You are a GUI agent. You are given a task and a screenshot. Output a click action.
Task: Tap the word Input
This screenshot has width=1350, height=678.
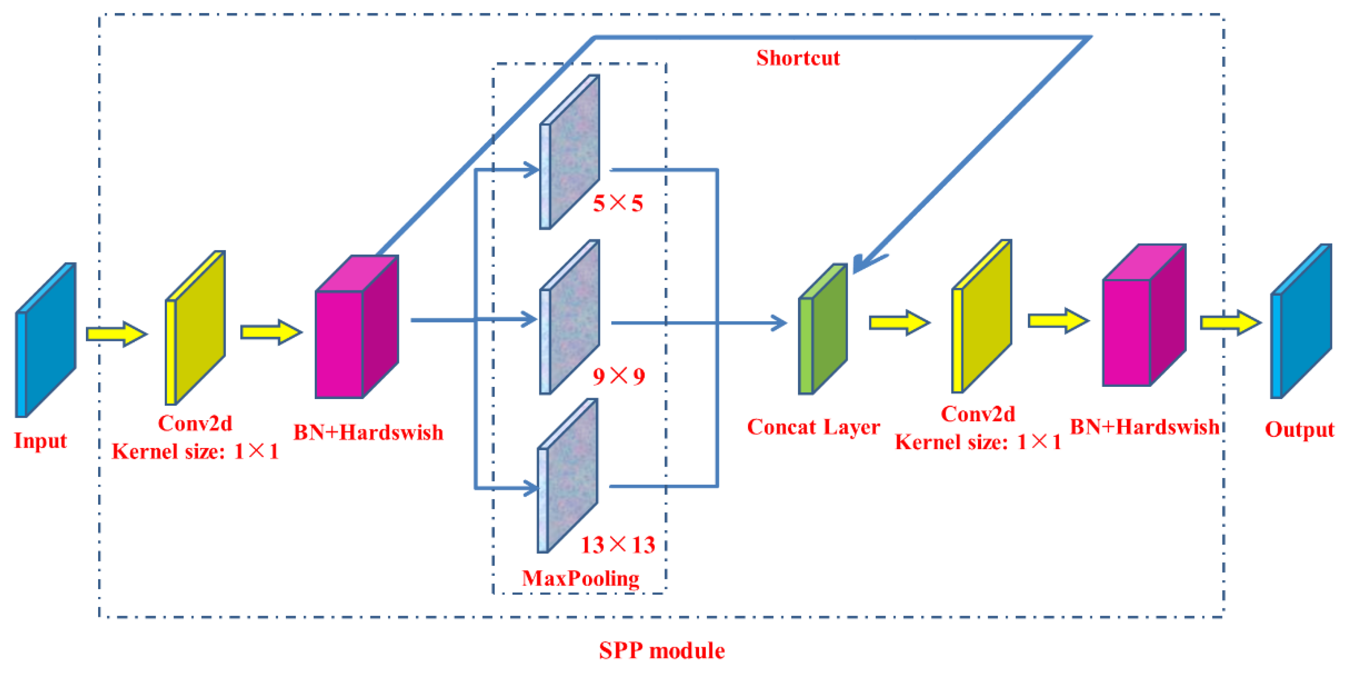(x=40, y=441)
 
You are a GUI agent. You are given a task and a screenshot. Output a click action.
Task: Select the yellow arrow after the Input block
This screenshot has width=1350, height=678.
(x=116, y=334)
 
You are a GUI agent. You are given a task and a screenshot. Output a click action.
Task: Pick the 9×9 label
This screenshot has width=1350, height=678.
(x=618, y=376)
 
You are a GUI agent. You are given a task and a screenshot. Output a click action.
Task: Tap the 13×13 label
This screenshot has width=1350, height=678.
(x=617, y=545)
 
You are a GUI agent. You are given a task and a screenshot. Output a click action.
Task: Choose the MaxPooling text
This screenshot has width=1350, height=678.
(x=580, y=578)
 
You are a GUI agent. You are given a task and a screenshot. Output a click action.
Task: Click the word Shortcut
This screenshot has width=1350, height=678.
(x=798, y=58)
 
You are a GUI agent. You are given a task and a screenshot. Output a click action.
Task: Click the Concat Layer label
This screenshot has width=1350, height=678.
(x=813, y=427)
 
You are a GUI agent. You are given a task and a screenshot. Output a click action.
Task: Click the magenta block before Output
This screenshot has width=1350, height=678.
(x=1142, y=317)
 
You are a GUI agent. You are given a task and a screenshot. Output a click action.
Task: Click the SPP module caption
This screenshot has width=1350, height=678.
(x=662, y=651)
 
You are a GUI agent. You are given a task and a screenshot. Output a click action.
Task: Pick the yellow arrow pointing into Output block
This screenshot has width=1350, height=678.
(x=1229, y=323)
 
